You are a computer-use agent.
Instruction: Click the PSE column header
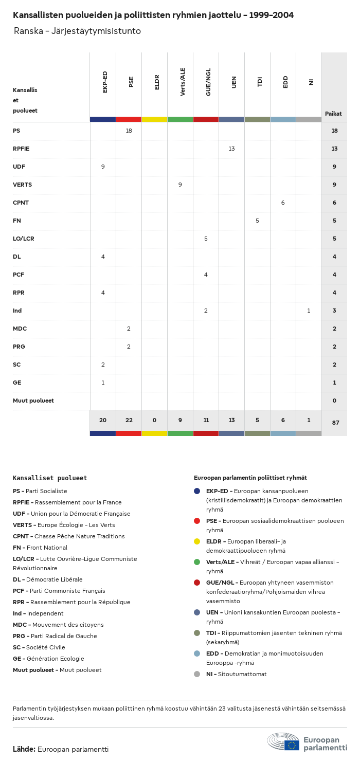pos(131,81)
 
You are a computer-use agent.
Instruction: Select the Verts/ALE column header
pos(183,81)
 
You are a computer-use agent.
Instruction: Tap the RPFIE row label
pos(21,149)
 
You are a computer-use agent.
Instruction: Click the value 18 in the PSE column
pos(129,131)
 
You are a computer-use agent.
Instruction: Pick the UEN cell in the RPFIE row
pos(231,149)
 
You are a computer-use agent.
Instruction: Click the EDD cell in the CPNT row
pos(283,203)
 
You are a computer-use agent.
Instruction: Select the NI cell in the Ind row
pos(309,311)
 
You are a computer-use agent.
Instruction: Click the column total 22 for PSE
pos(129,420)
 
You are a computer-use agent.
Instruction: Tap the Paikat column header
pos(333,114)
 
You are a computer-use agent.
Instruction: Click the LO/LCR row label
pos(24,239)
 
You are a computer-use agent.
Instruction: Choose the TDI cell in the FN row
pos(257,221)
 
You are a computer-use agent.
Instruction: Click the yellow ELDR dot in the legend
pos(197,541)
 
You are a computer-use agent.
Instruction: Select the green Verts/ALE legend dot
pos(197,562)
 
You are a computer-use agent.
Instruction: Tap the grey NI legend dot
pos(197,674)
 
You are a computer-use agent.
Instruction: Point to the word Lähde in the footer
pos(24,749)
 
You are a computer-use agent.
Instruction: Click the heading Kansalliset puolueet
pos(50,478)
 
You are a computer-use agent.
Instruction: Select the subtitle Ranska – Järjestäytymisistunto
pos(77,31)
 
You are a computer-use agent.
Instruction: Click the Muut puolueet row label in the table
pos(33,401)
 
